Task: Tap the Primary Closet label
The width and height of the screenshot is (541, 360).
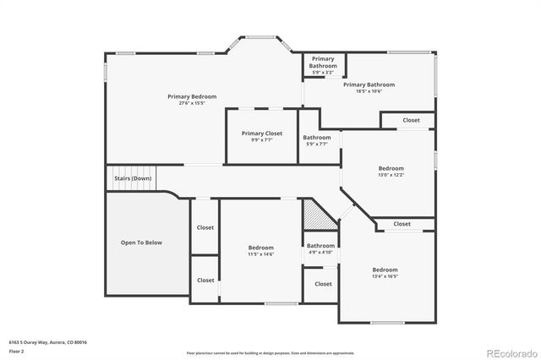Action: click(x=261, y=133)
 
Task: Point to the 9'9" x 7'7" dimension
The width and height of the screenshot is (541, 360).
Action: click(x=261, y=139)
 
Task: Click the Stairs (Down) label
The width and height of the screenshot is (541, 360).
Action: click(x=133, y=178)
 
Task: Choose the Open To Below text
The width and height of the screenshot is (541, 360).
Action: click(x=140, y=243)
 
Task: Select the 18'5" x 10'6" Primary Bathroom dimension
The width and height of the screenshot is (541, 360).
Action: click(x=369, y=91)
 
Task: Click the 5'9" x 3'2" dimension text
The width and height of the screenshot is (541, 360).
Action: click(x=322, y=72)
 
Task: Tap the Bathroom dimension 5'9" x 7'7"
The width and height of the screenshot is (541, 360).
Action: click(x=317, y=145)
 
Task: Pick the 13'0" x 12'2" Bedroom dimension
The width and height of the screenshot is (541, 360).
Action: click(x=391, y=175)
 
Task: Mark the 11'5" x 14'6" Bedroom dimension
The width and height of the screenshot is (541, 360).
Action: click(x=260, y=254)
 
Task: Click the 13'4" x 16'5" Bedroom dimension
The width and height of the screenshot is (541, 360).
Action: click(x=385, y=276)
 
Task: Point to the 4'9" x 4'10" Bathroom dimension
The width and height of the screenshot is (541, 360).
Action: click(x=320, y=252)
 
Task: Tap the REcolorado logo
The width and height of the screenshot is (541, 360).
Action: click(x=509, y=352)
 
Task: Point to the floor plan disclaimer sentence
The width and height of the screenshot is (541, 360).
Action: click(x=270, y=352)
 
